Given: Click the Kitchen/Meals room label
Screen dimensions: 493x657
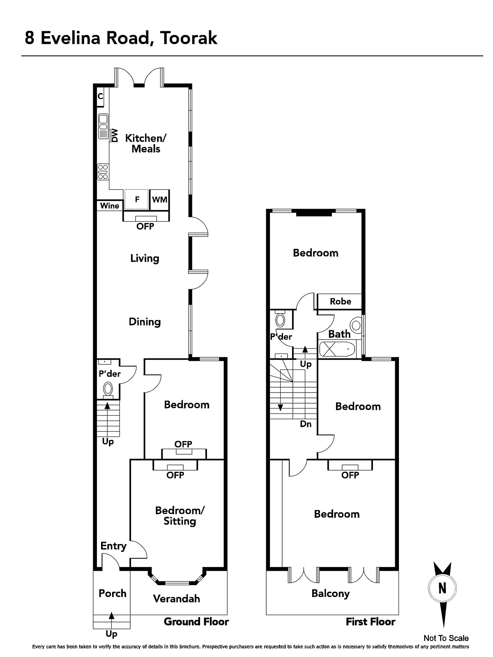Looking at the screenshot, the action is [x=146, y=143].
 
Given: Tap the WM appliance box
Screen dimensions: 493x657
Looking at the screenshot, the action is [x=159, y=200].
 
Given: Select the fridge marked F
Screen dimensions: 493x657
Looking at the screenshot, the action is [x=137, y=200].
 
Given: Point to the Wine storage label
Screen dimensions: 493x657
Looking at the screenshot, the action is [x=110, y=206].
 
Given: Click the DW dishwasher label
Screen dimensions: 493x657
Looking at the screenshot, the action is [x=115, y=136].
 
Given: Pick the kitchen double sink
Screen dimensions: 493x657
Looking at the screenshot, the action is [x=103, y=126].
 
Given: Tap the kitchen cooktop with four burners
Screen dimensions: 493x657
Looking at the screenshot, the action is [x=103, y=172].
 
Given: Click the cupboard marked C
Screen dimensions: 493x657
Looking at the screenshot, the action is [x=100, y=96].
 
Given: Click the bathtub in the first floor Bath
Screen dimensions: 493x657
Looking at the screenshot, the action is [x=337, y=349].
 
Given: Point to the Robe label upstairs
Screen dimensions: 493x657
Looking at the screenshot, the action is [x=340, y=301].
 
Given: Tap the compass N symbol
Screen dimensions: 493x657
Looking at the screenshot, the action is [x=442, y=588].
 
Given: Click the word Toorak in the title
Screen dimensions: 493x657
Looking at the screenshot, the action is [x=189, y=38].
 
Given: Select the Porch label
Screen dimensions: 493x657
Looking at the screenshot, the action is [x=113, y=593].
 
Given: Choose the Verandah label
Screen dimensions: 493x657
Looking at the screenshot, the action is [x=177, y=599].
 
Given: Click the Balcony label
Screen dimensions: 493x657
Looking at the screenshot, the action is [x=330, y=594].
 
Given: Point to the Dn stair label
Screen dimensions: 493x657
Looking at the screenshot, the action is [x=306, y=424].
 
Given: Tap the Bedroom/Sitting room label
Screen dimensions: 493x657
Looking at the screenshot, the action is [x=180, y=516].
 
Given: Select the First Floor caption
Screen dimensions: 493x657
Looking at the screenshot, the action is [x=371, y=622].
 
